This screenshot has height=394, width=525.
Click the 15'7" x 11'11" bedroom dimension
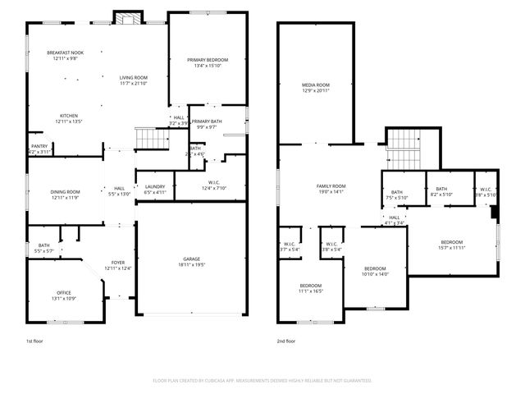452,248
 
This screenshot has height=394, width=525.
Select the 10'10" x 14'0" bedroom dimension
375,274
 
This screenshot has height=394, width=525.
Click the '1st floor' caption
35,341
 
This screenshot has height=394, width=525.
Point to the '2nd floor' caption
287,341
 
